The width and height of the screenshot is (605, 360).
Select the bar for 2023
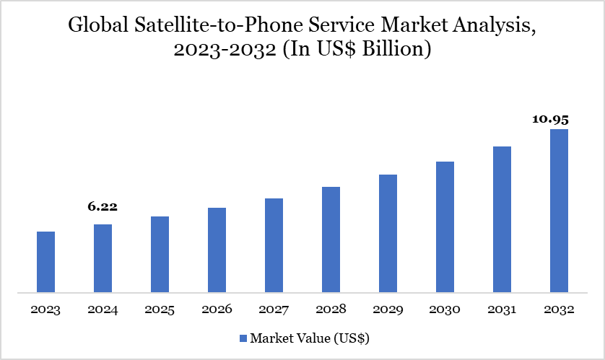coord(45,263)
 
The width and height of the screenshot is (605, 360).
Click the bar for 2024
coord(103,259)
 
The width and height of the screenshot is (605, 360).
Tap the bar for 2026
coord(217,250)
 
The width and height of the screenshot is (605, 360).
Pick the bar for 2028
coord(331,240)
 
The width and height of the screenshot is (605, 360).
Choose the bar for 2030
coord(445,227)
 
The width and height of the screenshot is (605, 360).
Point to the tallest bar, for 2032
coord(559,211)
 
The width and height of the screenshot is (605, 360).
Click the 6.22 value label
coord(103,207)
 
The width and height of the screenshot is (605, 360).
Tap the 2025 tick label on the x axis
coord(160,309)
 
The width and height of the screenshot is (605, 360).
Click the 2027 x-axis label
coord(274,309)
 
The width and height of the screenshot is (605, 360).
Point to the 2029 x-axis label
coord(388,309)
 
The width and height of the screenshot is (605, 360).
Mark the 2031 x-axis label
coord(502,309)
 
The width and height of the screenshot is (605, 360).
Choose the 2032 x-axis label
coord(559,309)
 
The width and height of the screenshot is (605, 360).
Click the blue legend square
coord(243,338)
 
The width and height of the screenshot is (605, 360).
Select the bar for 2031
coord(502,220)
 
